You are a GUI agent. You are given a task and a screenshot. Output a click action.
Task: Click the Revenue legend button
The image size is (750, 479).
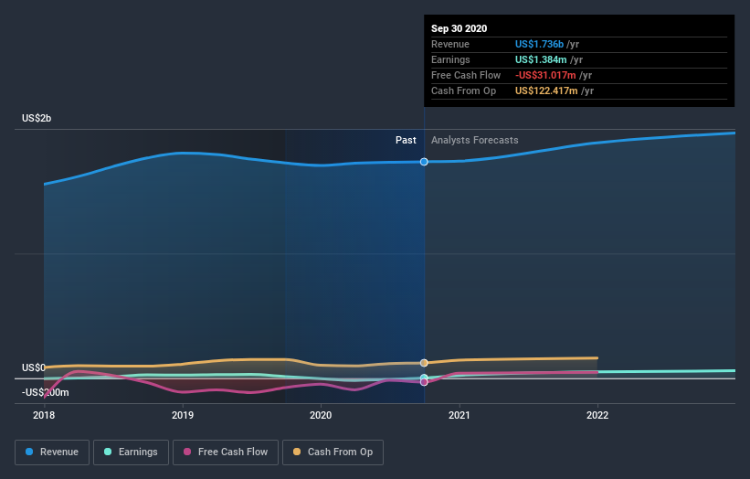pyautogui.click(x=53, y=452)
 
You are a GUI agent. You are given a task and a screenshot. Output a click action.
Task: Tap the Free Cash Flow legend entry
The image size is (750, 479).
pyautogui.click(x=226, y=452)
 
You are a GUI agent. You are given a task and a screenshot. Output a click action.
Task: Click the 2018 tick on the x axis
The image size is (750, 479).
pyautogui.click(x=44, y=414)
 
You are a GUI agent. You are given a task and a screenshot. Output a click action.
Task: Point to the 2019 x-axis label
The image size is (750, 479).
pyautogui.click(x=183, y=414)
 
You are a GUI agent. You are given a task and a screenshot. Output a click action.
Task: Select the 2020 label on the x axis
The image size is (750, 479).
pyautogui.click(x=321, y=414)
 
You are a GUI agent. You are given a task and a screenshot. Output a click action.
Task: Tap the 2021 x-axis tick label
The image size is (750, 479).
pyautogui.click(x=460, y=414)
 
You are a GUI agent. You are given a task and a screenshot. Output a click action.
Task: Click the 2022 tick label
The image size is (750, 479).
pyautogui.click(x=597, y=414)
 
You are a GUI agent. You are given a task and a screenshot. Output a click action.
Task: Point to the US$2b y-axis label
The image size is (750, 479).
pyautogui.click(x=38, y=119)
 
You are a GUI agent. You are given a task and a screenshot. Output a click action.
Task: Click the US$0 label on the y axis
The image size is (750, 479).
pyautogui.click(x=34, y=367)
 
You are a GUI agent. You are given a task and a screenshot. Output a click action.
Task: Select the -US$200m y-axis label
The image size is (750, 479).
pyautogui.click(x=45, y=392)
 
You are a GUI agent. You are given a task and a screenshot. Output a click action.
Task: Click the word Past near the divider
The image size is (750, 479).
pyautogui.click(x=406, y=140)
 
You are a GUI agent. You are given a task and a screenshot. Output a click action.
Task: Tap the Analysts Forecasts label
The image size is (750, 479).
pyautogui.click(x=474, y=140)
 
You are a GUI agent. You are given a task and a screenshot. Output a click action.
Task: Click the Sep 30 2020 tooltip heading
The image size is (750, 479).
pyautogui.click(x=460, y=28)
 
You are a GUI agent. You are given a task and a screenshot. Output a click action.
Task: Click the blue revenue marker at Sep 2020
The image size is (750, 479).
pyautogui.click(x=424, y=162)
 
